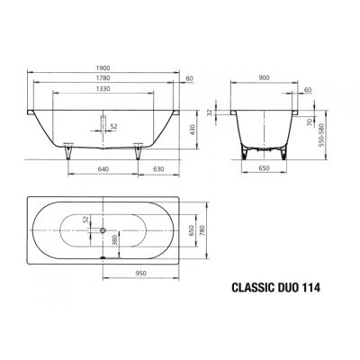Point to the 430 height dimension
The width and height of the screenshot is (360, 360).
point(192,129)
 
